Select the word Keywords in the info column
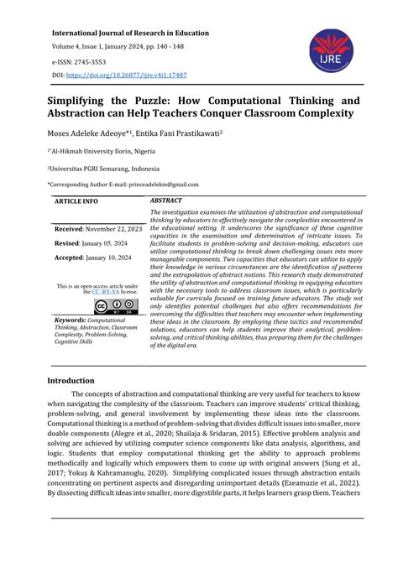click(70, 320)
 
